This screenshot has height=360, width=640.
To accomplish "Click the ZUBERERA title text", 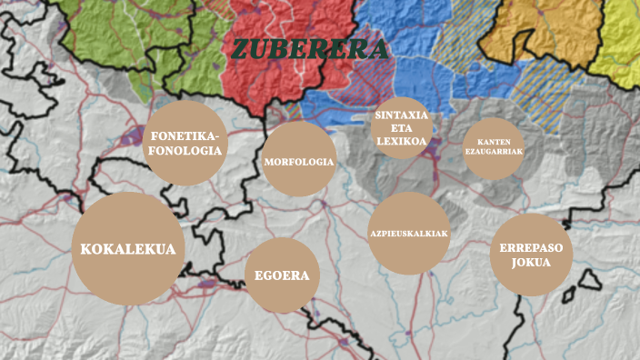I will click(x=309, y=49).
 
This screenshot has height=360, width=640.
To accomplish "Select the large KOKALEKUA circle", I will click(x=128, y=248).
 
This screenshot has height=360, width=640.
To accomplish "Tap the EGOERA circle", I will click(x=282, y=276).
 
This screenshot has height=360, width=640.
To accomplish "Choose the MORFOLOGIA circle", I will click(x=299, y=162).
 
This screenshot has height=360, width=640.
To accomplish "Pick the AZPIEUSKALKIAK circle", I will click(x=409, y=234).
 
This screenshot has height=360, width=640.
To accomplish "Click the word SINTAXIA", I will click(x=401, y=115).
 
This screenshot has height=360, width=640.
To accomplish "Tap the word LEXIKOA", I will click(x=401, y=142).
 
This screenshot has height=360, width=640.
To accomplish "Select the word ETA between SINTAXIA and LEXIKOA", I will click(x=401, y=129).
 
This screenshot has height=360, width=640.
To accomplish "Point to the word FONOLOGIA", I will click(x=185, y=151).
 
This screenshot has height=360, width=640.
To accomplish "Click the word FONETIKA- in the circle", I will click(x=185, y=135).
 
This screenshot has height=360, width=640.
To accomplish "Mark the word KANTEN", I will click(x=494, y=142).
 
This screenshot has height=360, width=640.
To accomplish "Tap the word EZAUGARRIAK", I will click(x=494, y=152).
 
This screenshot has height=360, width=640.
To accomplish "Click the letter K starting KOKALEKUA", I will click(x=86, y=249).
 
